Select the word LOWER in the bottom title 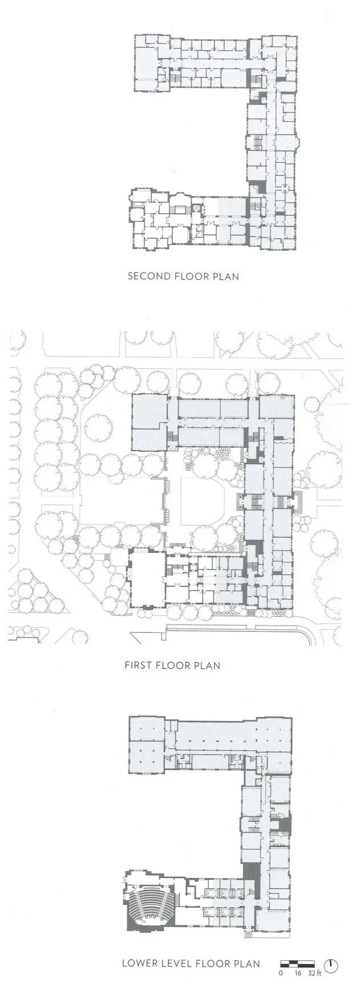point(138,964)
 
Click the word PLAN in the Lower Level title point(247,964)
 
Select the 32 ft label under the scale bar point(314,972)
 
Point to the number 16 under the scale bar point(297,972)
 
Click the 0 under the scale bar point(281,972)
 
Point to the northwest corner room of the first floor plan point(150,412)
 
